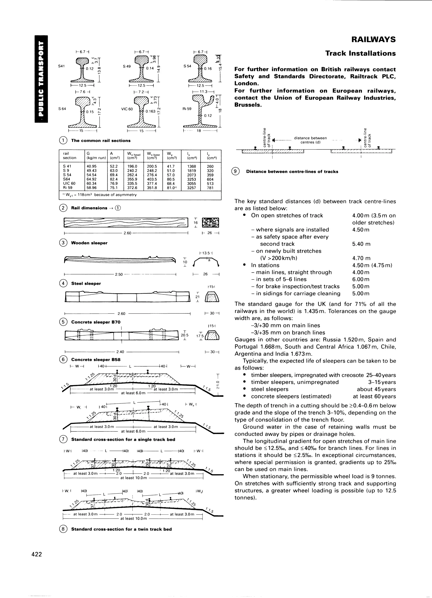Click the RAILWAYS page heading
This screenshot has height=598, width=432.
point(373,40)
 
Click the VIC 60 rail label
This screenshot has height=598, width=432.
point(127,109)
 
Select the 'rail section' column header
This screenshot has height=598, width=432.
point(69,156)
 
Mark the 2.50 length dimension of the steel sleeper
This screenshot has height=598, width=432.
point(119,274)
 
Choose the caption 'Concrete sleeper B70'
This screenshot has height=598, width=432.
point(96,322)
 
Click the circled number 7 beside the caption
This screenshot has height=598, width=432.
point(63,439)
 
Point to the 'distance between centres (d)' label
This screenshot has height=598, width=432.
point(310,140)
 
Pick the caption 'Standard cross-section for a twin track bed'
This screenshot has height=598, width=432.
point(121,529)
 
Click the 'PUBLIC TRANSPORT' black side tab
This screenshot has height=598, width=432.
point(41,79)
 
